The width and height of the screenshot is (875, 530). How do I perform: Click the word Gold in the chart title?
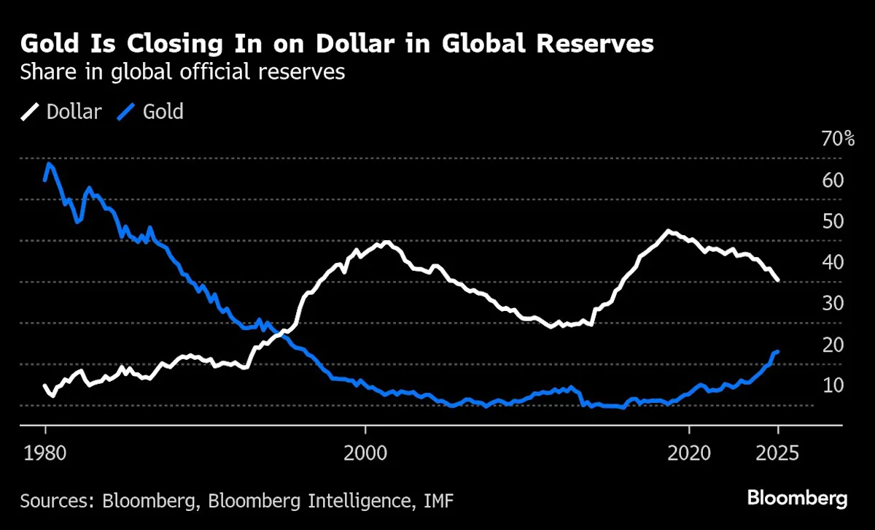point(49,44)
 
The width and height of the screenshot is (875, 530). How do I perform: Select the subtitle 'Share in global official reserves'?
point(182,73)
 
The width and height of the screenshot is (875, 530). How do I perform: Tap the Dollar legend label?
point(73,112)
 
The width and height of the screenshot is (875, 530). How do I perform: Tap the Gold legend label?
point(163,112)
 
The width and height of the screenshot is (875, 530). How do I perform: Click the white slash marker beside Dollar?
point(31,112)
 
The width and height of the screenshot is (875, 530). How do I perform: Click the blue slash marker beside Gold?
point(128,112)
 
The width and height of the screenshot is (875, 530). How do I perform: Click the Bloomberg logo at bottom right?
point(797,499)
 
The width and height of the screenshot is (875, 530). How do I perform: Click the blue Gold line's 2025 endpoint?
point(778,352)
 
